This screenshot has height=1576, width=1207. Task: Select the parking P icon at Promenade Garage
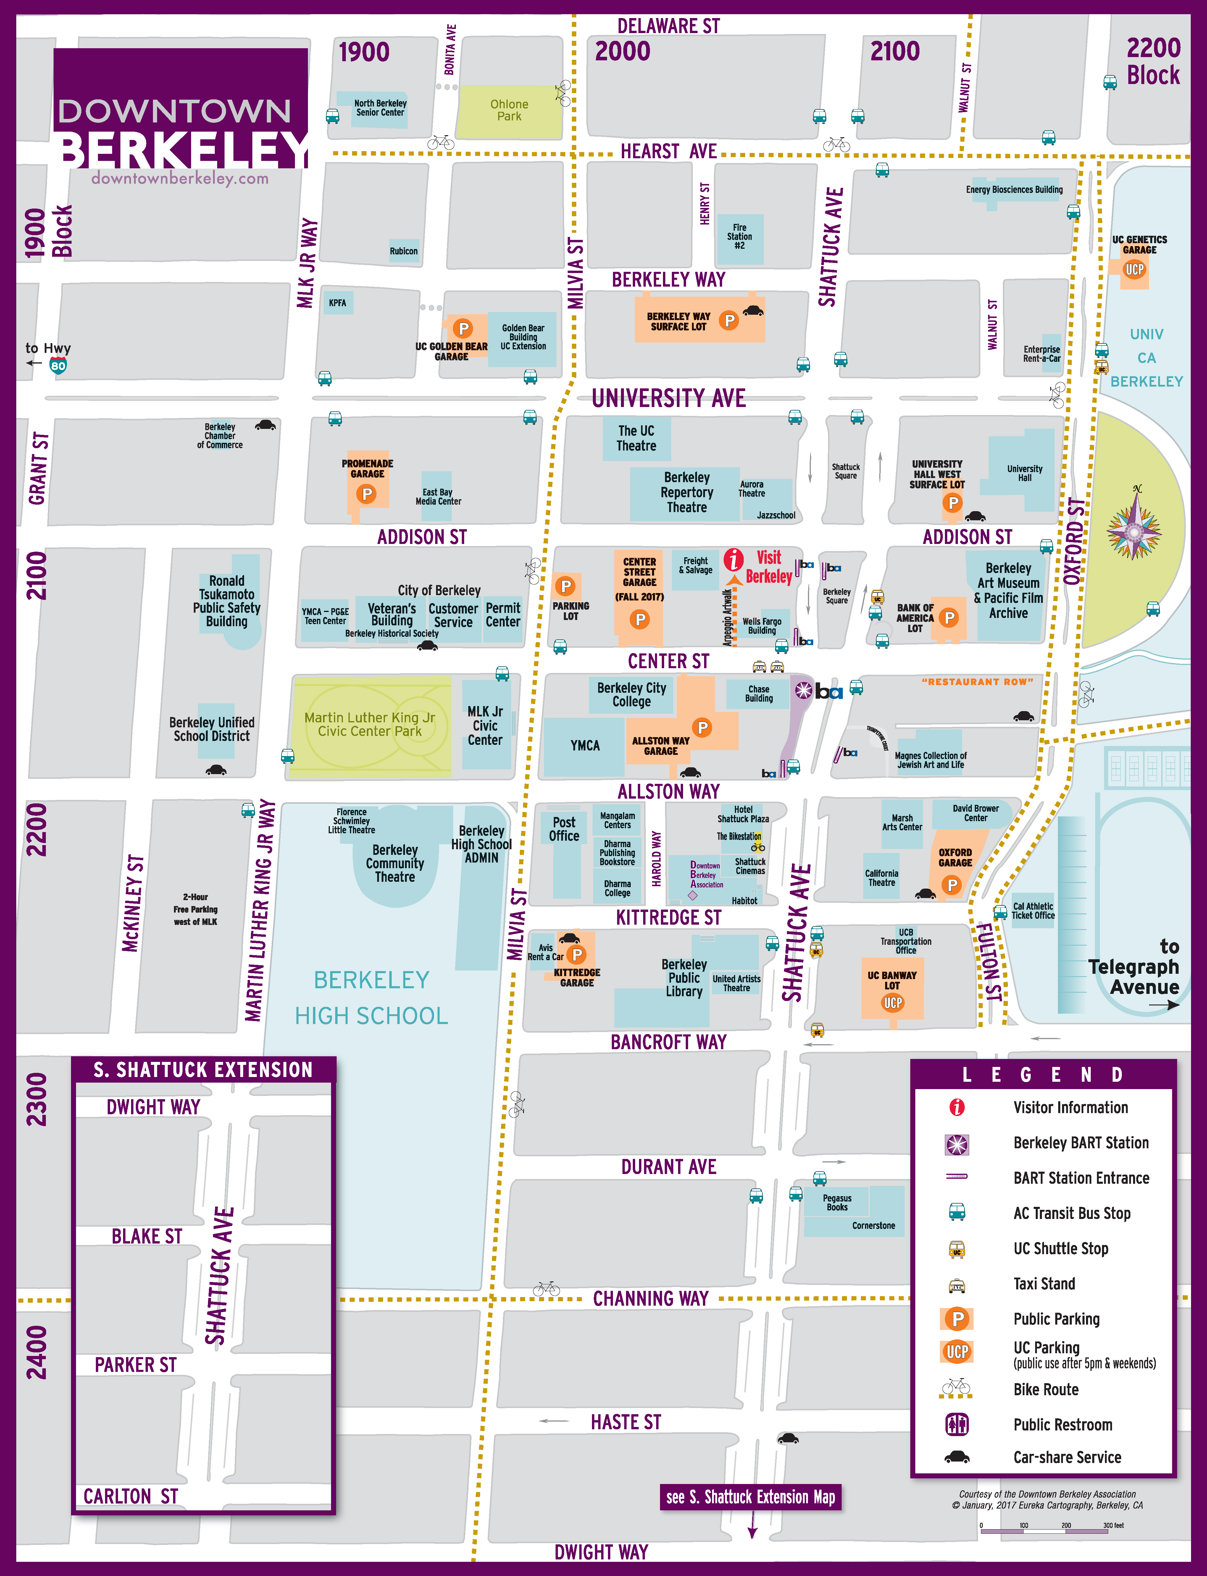(367, 494)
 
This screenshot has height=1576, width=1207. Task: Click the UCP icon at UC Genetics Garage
(1135, 270)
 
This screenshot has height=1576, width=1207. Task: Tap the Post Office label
(564, 829)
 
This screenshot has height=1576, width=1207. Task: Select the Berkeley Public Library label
(684, 978)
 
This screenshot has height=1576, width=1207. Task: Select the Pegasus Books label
(837, 1202)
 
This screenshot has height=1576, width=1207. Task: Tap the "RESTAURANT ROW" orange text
(977, 682)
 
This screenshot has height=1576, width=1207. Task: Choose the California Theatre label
(882, 878)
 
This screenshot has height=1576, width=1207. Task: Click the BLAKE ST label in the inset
(146, 1236)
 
